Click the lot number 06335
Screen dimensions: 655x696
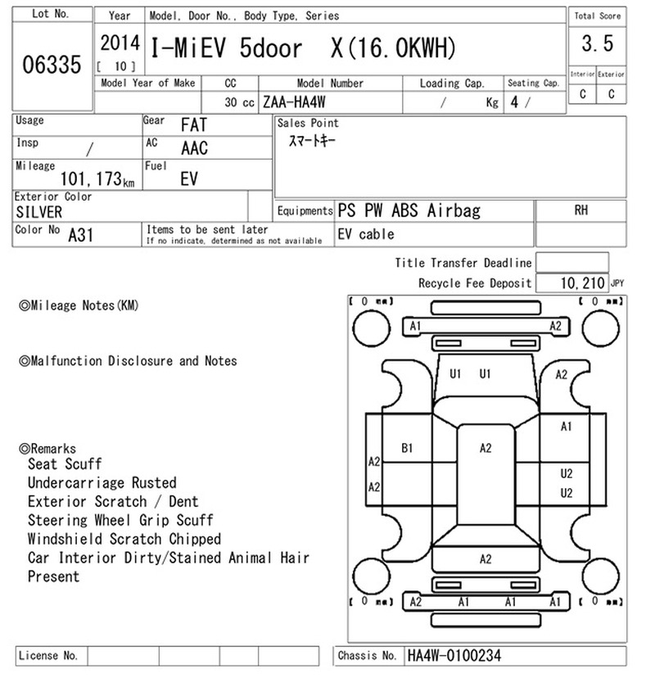pyautogui.click(x=52, y=65)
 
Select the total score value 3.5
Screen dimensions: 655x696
pyautogui.click(x=598, y=43)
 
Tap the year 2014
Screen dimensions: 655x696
pyautogui.click(x=120, y=43)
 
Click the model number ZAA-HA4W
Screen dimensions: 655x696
pyautogui.click(x=294, y=102)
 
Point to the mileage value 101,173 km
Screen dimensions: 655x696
pyautogui.click(x=97, y=179)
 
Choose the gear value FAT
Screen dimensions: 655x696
pyautogui.click(x=194, y=124)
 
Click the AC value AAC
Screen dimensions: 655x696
pyautogui.click(x=194, y=148)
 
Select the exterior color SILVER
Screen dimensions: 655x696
pyautogui.click(x=39, y=212)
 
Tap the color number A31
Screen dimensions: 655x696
pyautogui.click(x=81, y=235)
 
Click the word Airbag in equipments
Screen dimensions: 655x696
pyautogui.click(x=454, y=210)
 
